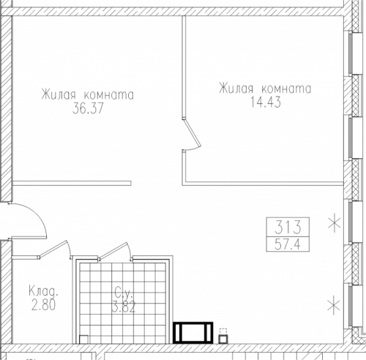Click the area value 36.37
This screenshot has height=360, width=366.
pos(88,108)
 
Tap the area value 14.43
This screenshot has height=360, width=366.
pos(266,102)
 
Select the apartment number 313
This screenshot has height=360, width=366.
pos(288,227)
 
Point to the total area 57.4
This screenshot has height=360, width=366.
pos(288,244)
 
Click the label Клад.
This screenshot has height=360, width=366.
pos(44,290)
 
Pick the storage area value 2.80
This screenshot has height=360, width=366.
pos(43,305)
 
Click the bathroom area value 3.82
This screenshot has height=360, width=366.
pos(124,307)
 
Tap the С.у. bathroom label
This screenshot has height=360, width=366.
pos(124,293)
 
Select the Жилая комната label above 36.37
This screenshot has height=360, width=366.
pos(88,94)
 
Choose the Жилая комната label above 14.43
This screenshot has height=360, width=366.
pos(265,88)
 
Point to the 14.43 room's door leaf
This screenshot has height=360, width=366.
pos(193,132)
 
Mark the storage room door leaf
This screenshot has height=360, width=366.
pos(53,248)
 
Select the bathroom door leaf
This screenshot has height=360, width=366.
pos(113,250)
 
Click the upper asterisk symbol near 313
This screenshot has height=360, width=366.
pos(334,224)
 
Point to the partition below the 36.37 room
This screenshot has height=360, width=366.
pos(72,183)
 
